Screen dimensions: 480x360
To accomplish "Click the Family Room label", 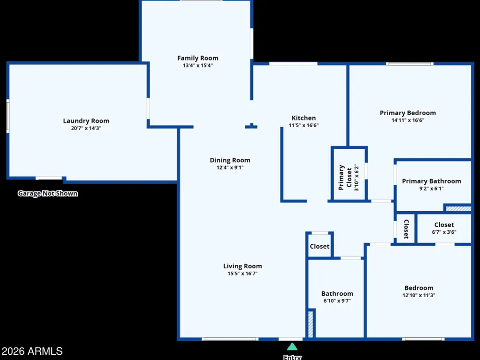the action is pyautogui.click(x=198, y=58).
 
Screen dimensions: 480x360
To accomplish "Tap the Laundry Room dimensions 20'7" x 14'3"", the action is pyautogui.click(x=86, y=128).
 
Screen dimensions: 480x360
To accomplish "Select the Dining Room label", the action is pyautogui.click(x=230, y=160).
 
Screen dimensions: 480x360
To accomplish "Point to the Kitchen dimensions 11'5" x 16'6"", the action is pyautogui.click(x=304, y=125).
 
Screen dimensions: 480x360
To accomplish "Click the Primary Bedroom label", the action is pyautogui.click(x=408, y=113).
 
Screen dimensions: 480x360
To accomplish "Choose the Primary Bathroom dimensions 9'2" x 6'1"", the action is pyautogui.click(x=432, y=189).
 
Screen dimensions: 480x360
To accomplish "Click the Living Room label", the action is pyautogui.click(x=242, y=266).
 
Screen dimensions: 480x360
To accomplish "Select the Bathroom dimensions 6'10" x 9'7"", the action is pyautogui.click(x=337, y=301).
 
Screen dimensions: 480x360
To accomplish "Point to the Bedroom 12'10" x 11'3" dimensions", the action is pyautogui.click(x=419, y=295).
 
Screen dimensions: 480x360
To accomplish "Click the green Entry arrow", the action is pyautogui.click(x=292, y=347).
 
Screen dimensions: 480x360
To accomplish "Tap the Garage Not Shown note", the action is pyautogui.click(x=48, y=193).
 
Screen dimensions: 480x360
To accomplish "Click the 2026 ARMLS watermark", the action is pyautogui.click(x=32, y=351).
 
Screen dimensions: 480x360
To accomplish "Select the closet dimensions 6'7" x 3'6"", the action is pyautogui.click(x=444, y=232).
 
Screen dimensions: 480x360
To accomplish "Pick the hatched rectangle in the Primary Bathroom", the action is pyautogui.click(x=458, y=209).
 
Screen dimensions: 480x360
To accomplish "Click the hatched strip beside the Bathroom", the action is pyautogui.click(x=311, y=324).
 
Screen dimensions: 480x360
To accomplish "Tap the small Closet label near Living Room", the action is pyautogui.click(x=320, y=246).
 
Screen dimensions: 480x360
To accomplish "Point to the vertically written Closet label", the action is pyautogui.click(x=406, y=229).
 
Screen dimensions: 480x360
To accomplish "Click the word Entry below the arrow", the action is pyautogui.click(x=292, y=357).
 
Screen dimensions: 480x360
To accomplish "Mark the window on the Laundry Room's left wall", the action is pyautogui.click(x=8, y=116).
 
